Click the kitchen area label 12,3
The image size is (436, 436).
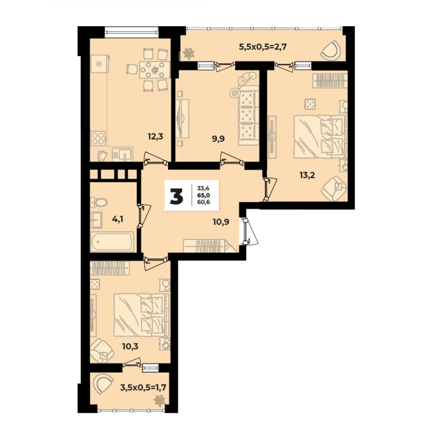pos(155,136)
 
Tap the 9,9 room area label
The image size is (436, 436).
pos(219,138)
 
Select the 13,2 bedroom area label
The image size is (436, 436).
pos(307,175)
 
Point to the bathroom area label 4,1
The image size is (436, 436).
pos(118,219)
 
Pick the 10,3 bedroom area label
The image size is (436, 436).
pos(130,347)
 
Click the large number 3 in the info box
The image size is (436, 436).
pos(177,196)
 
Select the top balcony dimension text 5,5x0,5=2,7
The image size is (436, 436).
pos(263,46)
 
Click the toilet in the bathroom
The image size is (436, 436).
pos(99,202)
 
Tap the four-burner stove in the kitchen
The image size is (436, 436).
pos(98,138)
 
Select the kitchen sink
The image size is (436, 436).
pos(123,154)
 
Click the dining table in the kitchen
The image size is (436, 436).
pos(154,70)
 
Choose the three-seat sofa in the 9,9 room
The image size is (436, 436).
pos(247,118)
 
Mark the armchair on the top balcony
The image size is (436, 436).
pos(331,50)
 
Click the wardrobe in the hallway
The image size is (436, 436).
pos(210,246)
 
